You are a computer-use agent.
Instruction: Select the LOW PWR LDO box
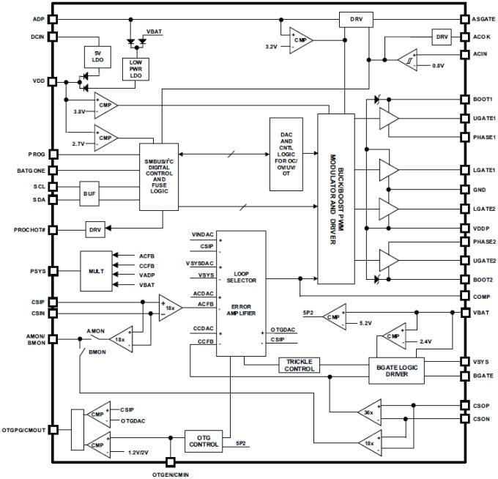click(x=135, y=68)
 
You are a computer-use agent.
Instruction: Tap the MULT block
click(x=97, y=271)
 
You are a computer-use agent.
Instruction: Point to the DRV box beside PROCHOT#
click(x=96, y=229)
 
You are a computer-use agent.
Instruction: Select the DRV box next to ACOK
click(x=442, y=37)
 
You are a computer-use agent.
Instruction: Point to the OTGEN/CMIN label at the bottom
click(x=171, y=474)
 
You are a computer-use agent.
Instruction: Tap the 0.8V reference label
click(x=438, y=66)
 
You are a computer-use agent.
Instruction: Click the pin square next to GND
click(x=464, y=189)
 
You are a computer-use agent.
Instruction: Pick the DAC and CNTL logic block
click(x=286, y=155)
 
